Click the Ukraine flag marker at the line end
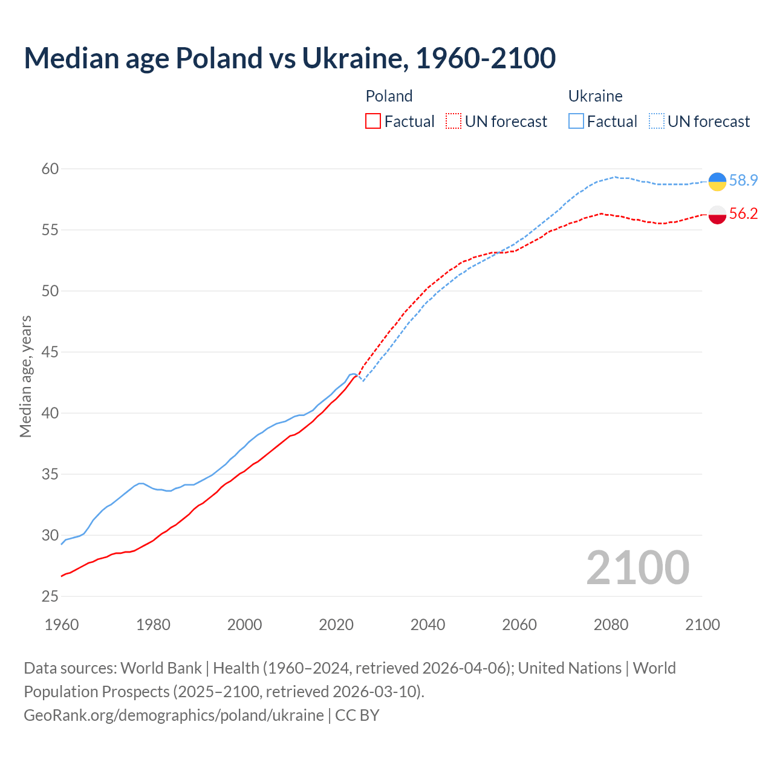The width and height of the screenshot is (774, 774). pos(717,181)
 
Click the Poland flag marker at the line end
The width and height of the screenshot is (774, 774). pos(717,215)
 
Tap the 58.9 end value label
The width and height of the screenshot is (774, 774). pos(743,180)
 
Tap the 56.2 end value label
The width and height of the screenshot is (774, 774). pos(743,213)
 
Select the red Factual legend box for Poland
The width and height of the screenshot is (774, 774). pos(373,122)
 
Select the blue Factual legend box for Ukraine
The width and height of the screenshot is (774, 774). pos(576,122)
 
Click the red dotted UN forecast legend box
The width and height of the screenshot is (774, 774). pos(454,122)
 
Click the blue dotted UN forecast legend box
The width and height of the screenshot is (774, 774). pos(657,122)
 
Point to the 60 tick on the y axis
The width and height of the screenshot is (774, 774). pos(50,169)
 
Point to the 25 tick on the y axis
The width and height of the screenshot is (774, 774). pos(50,596)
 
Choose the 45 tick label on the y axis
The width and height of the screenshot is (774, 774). pos(50,352)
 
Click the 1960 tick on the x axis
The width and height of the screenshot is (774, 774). pos(62,625)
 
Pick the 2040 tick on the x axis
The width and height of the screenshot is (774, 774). pos(428,625)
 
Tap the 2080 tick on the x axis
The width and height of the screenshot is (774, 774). pos(611,625)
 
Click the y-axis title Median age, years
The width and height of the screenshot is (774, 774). pos(25,376)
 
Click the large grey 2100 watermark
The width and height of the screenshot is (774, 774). pos(637,568)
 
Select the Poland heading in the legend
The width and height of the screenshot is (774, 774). pos(389,96)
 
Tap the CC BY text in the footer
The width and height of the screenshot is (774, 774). pos(357,715)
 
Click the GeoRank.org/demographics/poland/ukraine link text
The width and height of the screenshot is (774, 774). pos(174,715)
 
